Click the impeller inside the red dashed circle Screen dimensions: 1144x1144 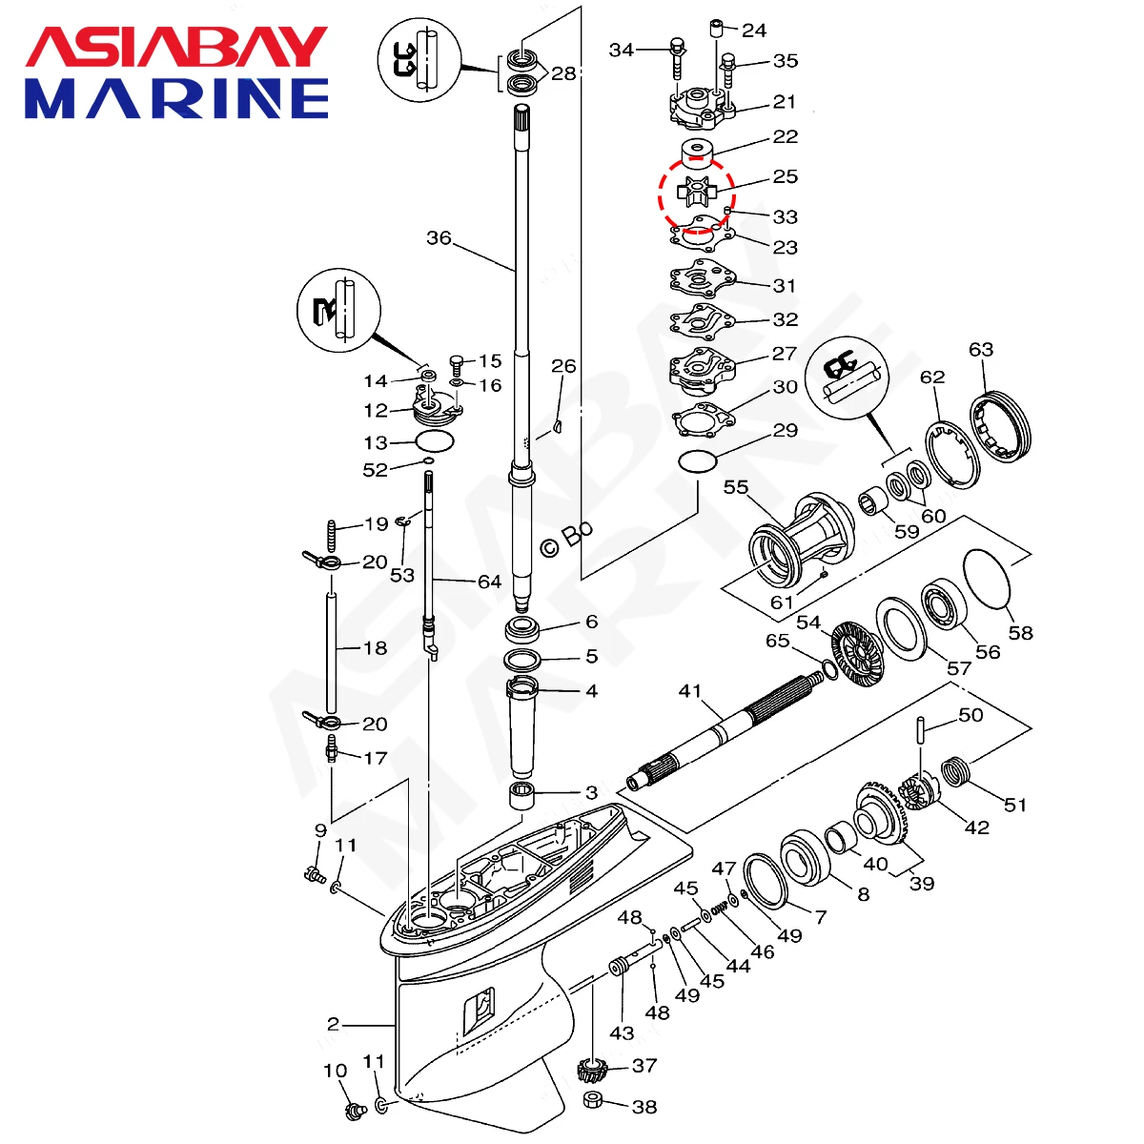pos(694,189)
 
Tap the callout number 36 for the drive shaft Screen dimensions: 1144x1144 pos(439,237)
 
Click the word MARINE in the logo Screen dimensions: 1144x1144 pos(176,98)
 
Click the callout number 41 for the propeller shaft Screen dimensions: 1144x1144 pos(689,690)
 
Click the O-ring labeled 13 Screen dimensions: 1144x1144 pos(435,442)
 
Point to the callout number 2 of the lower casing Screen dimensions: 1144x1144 pos(333,1025)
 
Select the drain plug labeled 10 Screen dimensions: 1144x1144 pos(357,1110)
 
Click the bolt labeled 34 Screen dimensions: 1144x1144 pos(678,57)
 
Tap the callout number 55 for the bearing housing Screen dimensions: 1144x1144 pos(736,488)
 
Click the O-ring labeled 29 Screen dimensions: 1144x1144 pos(698,462)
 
